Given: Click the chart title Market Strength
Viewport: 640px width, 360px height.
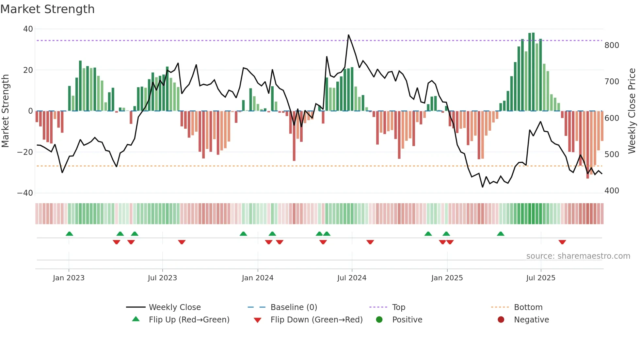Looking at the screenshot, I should pos(47,9).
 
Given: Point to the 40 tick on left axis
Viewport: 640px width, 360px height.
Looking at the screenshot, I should pos(28,29).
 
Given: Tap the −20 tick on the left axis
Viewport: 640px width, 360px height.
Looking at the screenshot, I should pos(25,152).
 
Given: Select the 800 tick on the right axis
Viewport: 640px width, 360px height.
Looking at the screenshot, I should pos(612,45).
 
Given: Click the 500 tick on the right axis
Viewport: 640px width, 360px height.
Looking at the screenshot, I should pos(612,155).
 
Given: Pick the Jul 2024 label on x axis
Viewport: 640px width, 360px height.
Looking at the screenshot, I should pos(352,278).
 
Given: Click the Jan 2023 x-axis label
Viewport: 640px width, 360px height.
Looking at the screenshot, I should pos(69,278).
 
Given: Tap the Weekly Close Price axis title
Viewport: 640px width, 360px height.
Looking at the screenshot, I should pos(632,111).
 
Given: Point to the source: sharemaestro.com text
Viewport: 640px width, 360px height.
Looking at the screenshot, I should pos(578,256).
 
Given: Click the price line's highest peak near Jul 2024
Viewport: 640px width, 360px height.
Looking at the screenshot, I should pos(348,35).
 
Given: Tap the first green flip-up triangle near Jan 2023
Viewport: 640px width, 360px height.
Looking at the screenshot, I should pos(69,234).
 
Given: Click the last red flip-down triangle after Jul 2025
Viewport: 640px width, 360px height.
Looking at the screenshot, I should pos(562,242).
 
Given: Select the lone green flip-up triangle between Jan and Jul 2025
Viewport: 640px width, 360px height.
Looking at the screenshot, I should pos(501,234).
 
